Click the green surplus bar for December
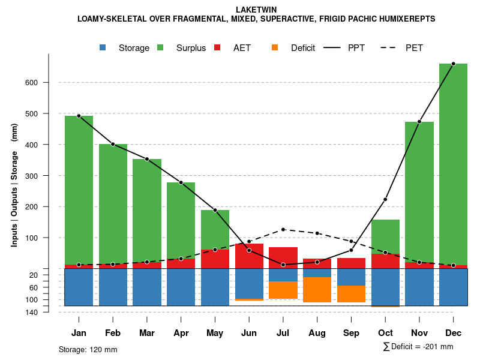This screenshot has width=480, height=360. [x=453, y=162]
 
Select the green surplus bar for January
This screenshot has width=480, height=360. [x=79, y=189]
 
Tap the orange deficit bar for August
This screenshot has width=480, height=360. [x=317, y=290]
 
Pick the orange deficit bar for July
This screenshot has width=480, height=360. [x=283, y=290]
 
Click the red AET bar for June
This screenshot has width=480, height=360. [x=249, y=256]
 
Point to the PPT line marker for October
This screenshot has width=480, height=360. [x=385, y=199]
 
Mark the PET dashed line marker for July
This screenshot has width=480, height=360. [x=283, y=229]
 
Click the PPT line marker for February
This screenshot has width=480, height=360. [x=113, y=144]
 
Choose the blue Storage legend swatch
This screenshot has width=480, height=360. [x=103, y=47]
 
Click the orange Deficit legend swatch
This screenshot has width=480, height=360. [x=275, y=47]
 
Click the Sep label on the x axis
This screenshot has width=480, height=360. [x=351, y=333]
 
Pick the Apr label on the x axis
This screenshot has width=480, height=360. [x=181, y=333]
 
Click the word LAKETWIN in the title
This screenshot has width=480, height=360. [x=256, y=10]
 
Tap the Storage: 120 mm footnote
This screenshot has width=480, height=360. [x=88, y=349]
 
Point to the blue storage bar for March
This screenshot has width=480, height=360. [x=147, y=287]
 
